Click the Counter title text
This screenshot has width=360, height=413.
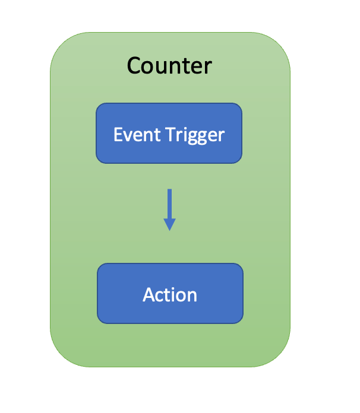[169, 65]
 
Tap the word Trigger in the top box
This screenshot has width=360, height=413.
[195, 135]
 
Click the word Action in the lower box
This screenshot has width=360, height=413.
[170, 294]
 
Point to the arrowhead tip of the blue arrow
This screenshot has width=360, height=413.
[170, 230]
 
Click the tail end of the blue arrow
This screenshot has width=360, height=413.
[170, 190]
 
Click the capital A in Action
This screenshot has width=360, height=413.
[149, 294]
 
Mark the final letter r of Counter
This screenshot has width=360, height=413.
[208, 66]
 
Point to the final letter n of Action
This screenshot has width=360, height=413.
[192, 296]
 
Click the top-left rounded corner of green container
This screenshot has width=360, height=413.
[59, 42]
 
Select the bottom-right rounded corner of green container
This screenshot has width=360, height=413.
[280, 357]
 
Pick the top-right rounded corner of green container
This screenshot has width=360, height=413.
[280, 42]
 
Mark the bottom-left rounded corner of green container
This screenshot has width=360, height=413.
[59, 357]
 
